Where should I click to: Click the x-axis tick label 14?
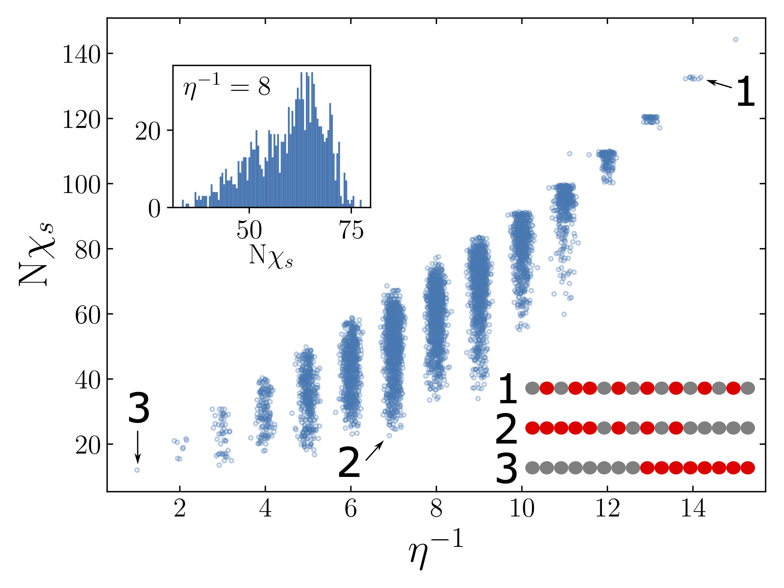click(693, 509)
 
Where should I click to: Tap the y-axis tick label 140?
click(81, 55)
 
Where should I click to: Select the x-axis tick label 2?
click(180, 509)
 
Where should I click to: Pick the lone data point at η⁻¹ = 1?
click(137, 470)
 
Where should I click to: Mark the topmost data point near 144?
click(736, 39)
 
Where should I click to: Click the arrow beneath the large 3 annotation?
click(138, 447)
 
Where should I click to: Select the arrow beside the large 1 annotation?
click(719, 84)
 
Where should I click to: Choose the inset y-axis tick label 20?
click(148, 131)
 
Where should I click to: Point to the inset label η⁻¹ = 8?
click(226, 86)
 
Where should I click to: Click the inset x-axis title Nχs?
click(271, 256)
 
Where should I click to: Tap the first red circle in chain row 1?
click(547, 388)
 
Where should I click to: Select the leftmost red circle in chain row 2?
click(532, 428)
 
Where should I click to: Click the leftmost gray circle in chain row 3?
click(532, 468)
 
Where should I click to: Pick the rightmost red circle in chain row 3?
click(748, 468)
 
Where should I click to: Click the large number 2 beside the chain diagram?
click(506, 428)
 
